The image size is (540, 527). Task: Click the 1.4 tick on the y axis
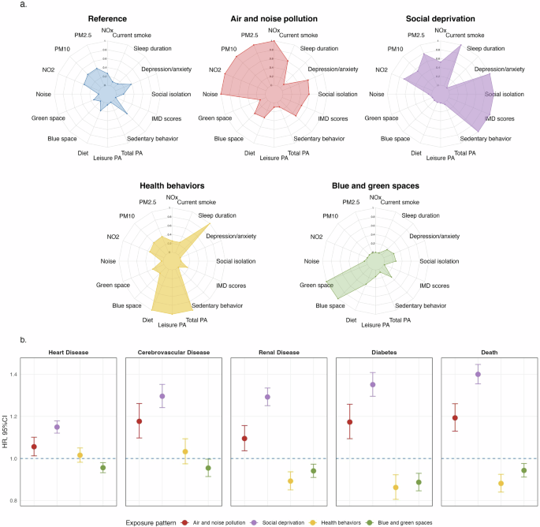tap(12, 374)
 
